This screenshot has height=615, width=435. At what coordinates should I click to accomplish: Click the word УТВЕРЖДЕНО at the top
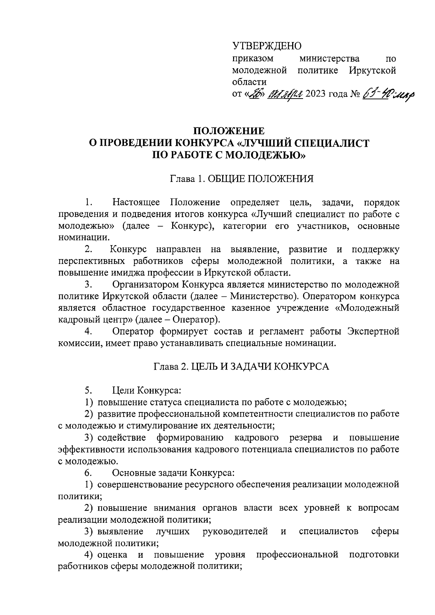tap(267, 46)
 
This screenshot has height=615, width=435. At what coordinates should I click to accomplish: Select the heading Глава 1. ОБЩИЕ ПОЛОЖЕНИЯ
tap(242, 179)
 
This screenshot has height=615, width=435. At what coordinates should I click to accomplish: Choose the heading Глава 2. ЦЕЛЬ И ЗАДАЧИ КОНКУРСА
tap(241, 366)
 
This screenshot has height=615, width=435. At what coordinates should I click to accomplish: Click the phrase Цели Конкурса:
tap(147, 391)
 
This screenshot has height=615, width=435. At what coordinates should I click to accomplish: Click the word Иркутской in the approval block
tap(372, 70)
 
